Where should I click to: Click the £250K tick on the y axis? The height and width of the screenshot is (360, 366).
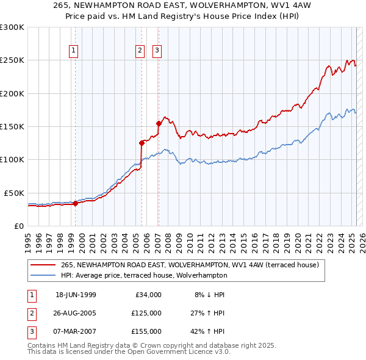[12, 60]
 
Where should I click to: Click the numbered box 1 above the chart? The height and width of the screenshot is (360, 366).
[73, 51]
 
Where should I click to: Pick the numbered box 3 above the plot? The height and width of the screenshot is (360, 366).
[157, 51]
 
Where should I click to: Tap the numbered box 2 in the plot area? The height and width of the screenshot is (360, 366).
[140, 51]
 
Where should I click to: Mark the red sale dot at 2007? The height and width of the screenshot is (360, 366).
[159, 123]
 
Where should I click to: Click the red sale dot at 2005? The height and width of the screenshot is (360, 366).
[142, 143]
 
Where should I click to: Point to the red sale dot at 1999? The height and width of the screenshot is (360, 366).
[76, 203]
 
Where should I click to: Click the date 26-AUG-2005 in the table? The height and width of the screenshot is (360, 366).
[76, 313]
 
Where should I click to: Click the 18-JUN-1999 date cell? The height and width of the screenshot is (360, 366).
[76, 295]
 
